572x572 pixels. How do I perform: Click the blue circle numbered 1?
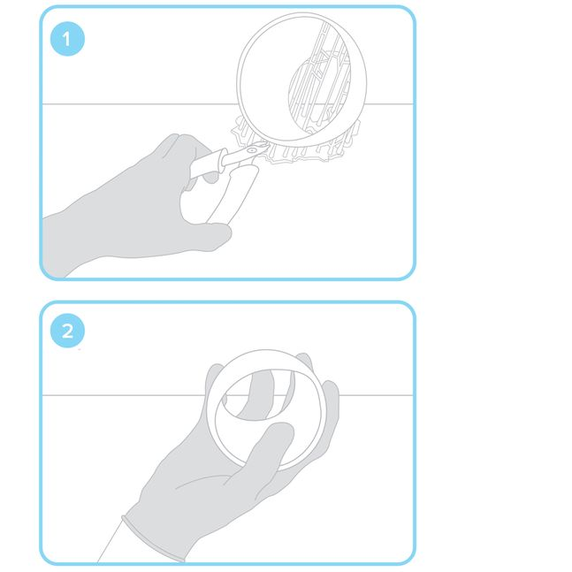coord(67,39)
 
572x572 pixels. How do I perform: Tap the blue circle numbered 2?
coord(67,331)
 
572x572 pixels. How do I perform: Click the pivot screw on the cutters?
coord(252,150)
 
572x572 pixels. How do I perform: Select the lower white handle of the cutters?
coord(233,194)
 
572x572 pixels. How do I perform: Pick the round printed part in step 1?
coord(302,80)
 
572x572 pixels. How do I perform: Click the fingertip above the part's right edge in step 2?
coord(305,359)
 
